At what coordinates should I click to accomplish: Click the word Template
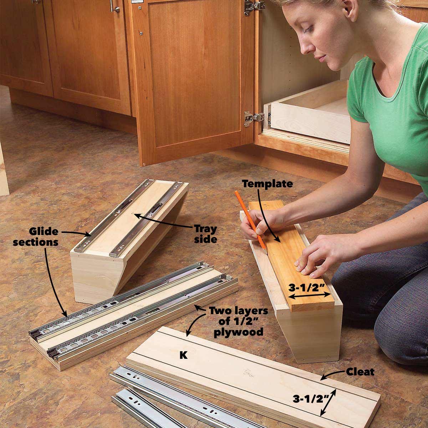267,184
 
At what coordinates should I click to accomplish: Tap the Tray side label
205,234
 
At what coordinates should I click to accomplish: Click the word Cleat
360,372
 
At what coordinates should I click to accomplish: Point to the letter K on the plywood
184,356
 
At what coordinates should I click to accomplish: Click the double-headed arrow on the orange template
309,296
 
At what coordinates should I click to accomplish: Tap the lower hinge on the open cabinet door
251,118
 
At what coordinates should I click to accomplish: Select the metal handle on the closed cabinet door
115,6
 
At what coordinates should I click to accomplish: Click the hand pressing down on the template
314,259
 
